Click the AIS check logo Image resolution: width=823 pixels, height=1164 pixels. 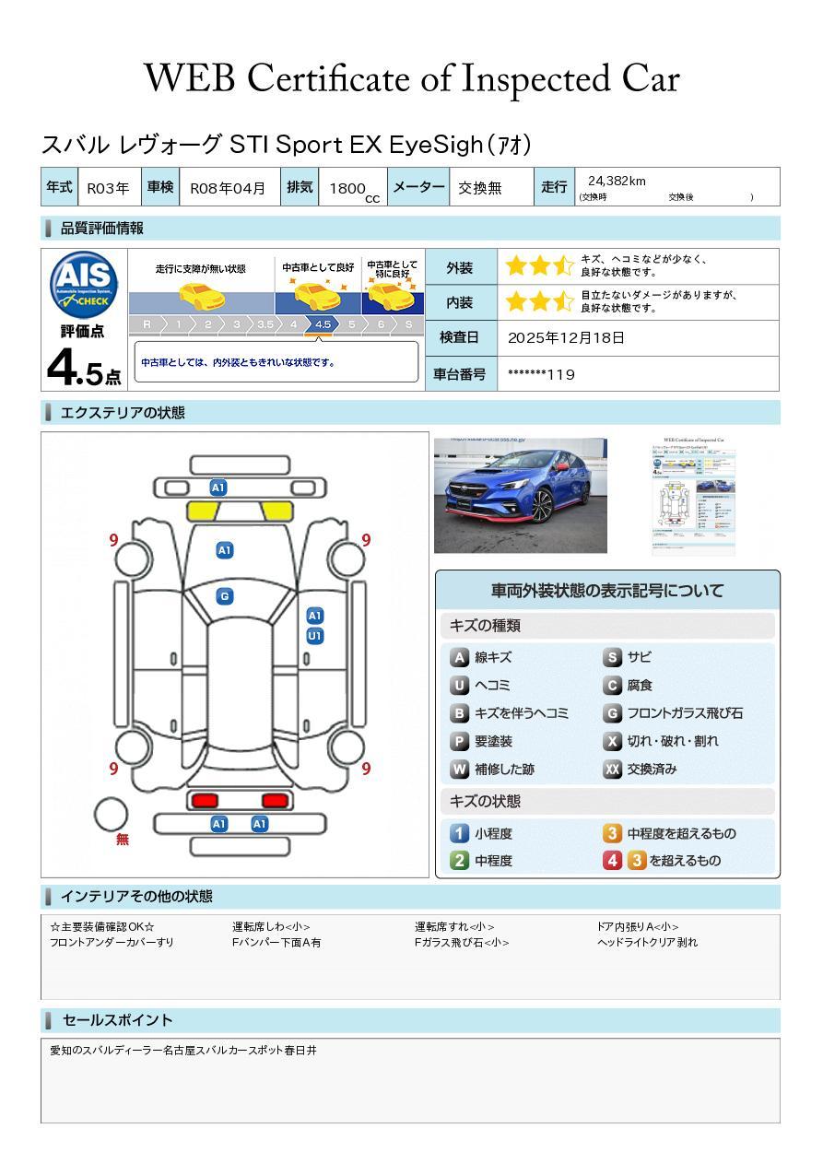(84, 284)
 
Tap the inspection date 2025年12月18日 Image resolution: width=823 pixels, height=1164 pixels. (566, 338)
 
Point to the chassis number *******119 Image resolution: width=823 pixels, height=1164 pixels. (541, 374)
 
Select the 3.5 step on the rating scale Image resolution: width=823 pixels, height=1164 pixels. (265, 324)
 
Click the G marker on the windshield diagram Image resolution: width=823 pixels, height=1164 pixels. (224, 596)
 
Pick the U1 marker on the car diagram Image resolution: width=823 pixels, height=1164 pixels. (314, 636)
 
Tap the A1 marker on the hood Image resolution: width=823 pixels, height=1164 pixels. (224, 550)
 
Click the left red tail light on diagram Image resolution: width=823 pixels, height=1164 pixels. (204, 800)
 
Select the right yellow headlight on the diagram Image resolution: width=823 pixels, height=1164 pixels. (275, 511)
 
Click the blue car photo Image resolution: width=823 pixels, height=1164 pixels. (520, 496)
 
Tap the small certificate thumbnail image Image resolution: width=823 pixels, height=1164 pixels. (693, 496)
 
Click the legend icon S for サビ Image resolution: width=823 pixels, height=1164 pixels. (612, 657)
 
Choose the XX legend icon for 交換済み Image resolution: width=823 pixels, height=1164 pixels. (612, 769)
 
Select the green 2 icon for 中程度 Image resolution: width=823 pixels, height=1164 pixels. (459, 861)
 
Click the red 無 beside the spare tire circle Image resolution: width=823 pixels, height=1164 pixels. (123, 840)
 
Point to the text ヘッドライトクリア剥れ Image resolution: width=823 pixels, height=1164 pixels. (647, 942)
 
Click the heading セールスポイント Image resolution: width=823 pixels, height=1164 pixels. (117, 1020)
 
